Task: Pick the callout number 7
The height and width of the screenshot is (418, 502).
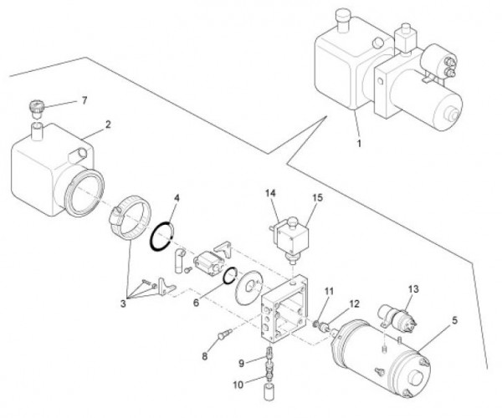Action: (84, 101)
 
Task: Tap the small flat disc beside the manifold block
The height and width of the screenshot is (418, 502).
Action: (247, 288)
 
